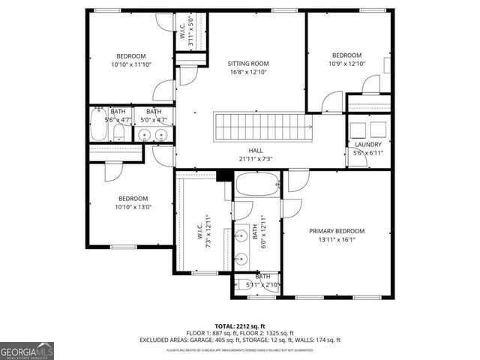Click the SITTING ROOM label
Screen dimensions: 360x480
(247, 63)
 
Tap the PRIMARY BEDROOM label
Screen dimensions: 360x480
(337, 231)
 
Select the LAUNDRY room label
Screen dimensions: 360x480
(367, 144)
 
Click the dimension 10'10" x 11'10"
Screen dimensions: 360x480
(130, 64)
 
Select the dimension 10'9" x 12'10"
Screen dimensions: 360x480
(346, 64)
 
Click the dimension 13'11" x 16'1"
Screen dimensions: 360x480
(337, 240)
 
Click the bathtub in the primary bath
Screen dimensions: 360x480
(257, 184)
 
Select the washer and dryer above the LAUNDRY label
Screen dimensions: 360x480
(367, 127)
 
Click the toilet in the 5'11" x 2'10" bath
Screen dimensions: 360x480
(246, 285)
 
